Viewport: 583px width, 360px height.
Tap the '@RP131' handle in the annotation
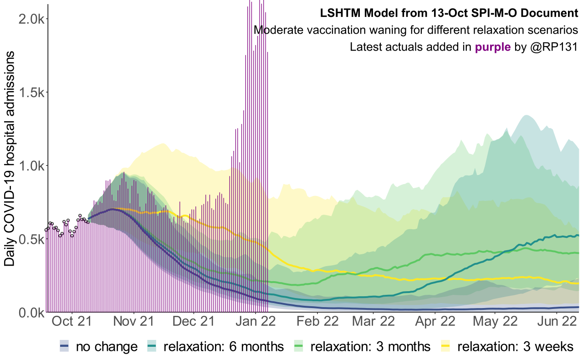click(553, 47)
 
